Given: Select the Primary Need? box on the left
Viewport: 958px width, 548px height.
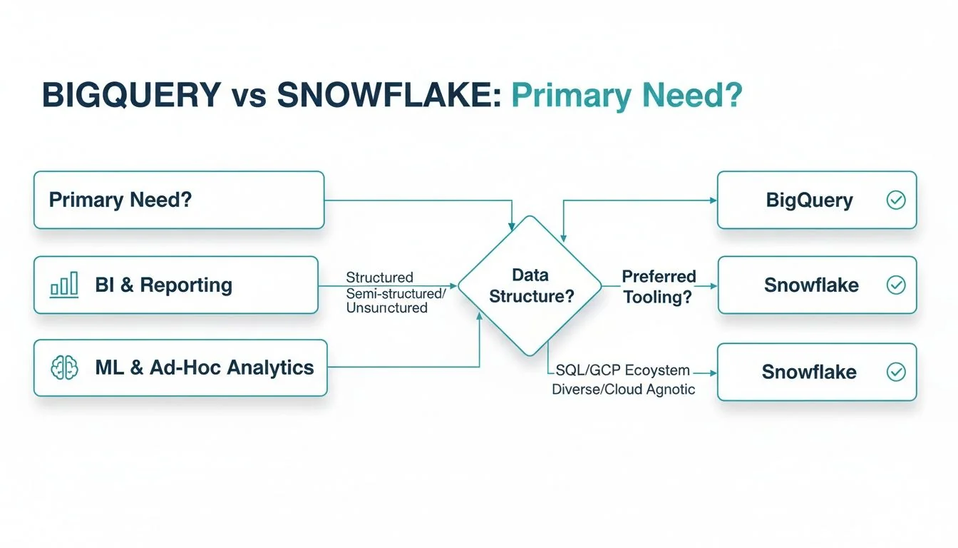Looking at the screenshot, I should [x=179, y=200].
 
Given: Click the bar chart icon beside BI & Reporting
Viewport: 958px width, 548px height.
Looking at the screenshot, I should [x=64, y=285].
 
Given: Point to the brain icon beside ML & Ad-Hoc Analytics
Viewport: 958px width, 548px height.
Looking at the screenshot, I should [x=64, y=368].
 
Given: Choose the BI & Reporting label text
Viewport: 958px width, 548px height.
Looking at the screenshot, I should [x=163, y=285].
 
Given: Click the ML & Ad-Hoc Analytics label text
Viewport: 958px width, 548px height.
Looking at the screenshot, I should [x=204, y=368].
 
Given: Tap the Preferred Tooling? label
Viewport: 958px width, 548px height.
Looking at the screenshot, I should [x=658, y=287].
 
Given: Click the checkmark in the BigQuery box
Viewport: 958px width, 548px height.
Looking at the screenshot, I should [x=896, y=200].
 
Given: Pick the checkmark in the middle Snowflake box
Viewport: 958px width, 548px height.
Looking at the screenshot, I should [x=896, y=285].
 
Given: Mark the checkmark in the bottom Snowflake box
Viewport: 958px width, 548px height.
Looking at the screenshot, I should [x=896, y=372].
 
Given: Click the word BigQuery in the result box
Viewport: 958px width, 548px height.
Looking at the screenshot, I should [x=809, y=200].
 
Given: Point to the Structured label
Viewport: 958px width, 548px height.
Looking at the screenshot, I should [x=379, y=277].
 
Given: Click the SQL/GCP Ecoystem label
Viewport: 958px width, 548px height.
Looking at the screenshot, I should [x=622, y=370].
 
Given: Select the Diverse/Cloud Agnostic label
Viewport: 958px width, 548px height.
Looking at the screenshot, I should [x=624, y=390].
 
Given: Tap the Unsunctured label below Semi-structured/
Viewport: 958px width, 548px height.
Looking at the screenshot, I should [x=386, y=308].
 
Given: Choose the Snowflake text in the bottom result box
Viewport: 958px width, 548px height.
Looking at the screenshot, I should [x=809, y=372].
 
